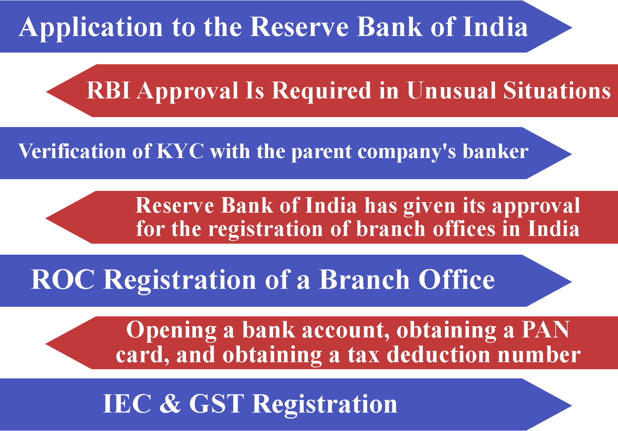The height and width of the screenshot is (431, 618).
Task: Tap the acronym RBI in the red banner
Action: click(108, 90)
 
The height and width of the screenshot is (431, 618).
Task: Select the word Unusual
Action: click(451, 90)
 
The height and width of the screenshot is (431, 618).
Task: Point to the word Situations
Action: click(557, 90)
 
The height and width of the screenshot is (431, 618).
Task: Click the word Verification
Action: click(72, 151)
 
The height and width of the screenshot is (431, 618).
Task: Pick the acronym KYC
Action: click(180, 151)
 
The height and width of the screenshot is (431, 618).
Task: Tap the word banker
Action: click(495, 151)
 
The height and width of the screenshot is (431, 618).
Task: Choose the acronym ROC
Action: click(63, 279)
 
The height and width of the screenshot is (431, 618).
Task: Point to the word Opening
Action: click(171, 330)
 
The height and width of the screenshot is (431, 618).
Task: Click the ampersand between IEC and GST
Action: click(170, 404)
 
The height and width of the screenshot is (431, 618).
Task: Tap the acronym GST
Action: click(217, 404)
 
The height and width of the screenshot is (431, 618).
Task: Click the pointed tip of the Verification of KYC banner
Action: click(572, 153)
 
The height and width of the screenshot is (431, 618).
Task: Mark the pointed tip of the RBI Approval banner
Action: click(46, 92)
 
